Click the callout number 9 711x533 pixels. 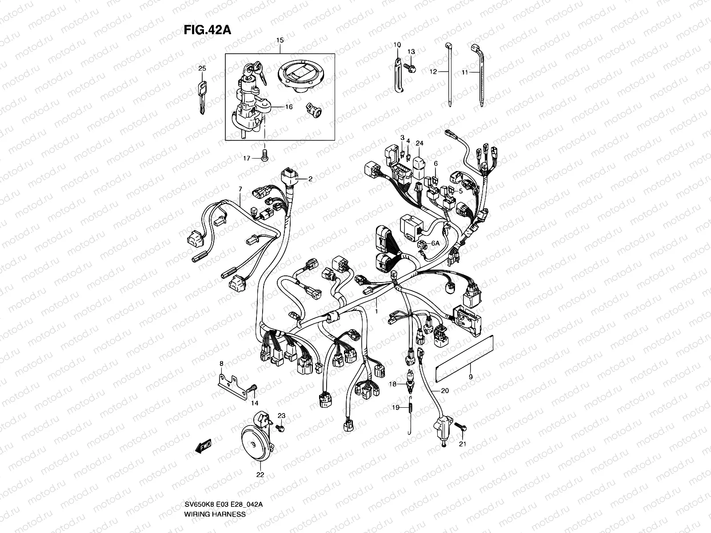(x=470, y=378)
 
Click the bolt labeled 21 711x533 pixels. (x=463, y=428)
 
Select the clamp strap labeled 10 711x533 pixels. (x=398, y=76)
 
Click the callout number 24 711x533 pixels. (x=419, y=143)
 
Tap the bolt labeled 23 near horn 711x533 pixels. (x=280, y=427)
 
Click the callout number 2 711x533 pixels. (x=310, y=179)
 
